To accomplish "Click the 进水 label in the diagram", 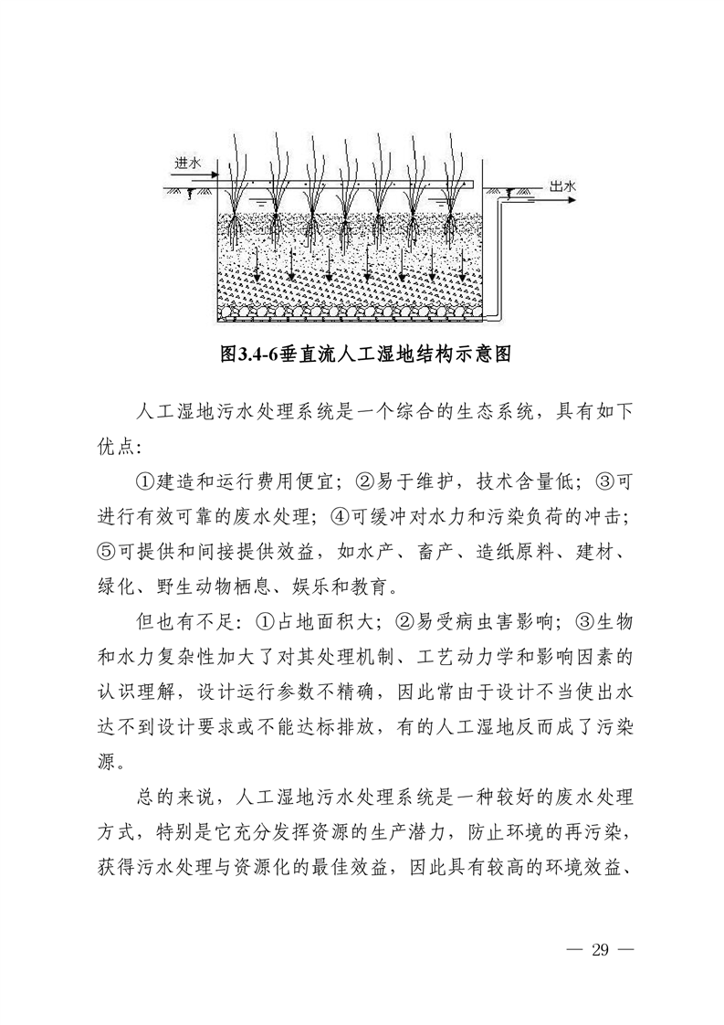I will [x=186, y=163].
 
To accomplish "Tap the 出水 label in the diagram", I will [x=563, y=185].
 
